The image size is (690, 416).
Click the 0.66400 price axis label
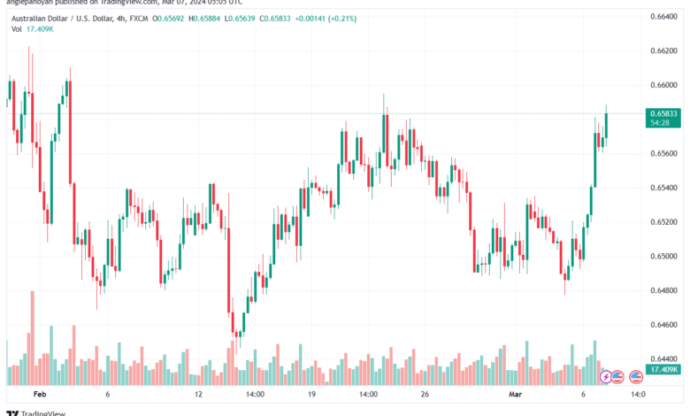pos(663,16)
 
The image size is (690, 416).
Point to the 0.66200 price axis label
pos(663,50)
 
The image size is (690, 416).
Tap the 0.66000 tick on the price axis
pos(663,85)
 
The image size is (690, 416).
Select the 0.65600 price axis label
pos(663,153)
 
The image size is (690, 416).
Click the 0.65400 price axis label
pos(663,188)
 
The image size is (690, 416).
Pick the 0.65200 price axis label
pos(663,222)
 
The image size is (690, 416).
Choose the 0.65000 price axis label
pos(663,257)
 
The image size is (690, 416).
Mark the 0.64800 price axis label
pos(663,290)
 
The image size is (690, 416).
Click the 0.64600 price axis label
pos(663,325)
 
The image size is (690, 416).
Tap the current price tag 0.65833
pos(663,113)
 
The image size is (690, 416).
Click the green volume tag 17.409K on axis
pos(663,368)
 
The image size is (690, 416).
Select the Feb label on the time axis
pos(37,393)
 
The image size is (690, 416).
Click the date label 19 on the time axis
pos(312,393)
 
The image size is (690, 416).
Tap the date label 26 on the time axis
pos(425,393)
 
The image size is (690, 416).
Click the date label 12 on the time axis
pos(199,393)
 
